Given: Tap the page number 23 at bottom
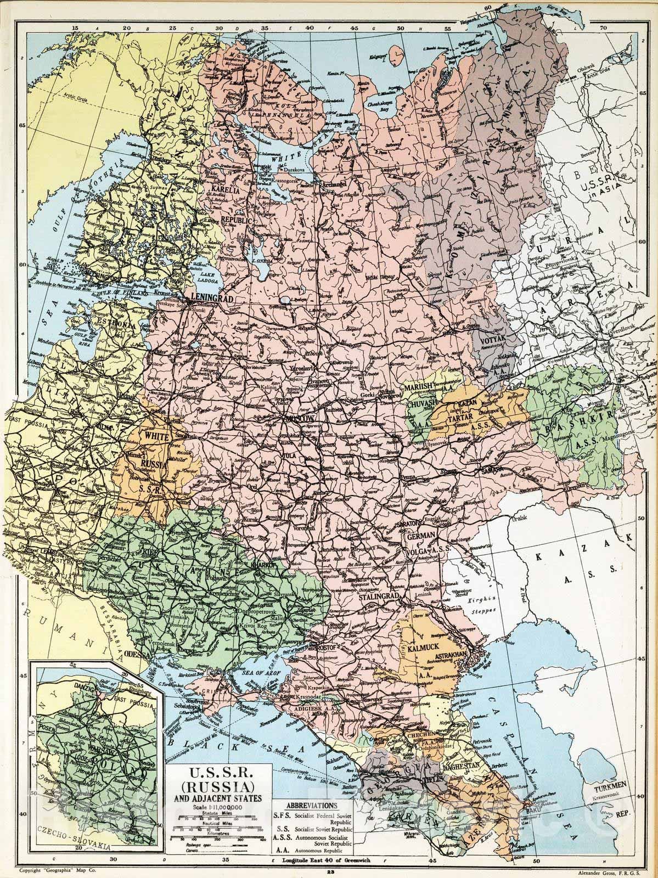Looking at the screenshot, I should [x=329, y=871].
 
